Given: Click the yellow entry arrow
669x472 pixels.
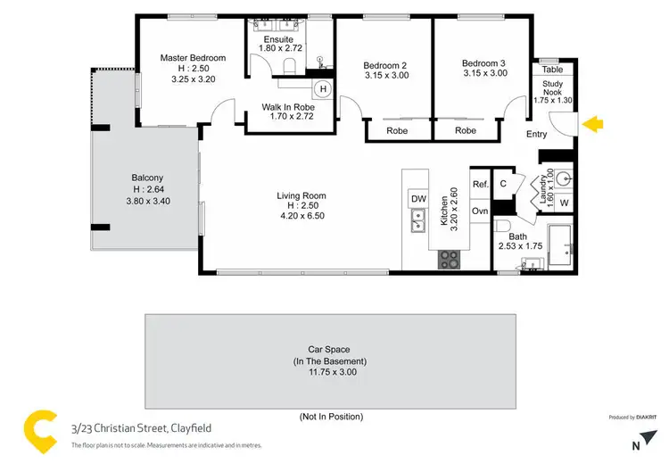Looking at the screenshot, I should click(x=591, y=125).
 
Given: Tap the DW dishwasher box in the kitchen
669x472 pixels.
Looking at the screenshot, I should click(x=417, y=198).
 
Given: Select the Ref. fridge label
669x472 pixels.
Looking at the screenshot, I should click(x=480, y=184).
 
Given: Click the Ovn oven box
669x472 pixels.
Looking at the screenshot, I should click(x=480, y=211).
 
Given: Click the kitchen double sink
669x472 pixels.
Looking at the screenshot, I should click(x=417, y=219).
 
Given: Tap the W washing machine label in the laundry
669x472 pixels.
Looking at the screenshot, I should click(x=564, y=203).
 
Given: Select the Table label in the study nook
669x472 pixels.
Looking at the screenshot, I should click(x=552, y=69).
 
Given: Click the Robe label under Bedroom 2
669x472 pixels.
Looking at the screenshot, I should click(x=397, y=130).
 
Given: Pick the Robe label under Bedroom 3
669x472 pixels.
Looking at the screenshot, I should click(x=465, y=130).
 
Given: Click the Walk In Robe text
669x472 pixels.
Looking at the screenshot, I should click(x=287, y=107).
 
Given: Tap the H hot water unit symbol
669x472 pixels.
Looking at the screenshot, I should click(x=323, y=89).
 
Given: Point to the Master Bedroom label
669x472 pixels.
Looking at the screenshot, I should click(x=193, y=58).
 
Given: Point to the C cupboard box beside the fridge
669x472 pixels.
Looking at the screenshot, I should click(x=503, y=183).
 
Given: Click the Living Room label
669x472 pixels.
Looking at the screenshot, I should click(x=301, y=195).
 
